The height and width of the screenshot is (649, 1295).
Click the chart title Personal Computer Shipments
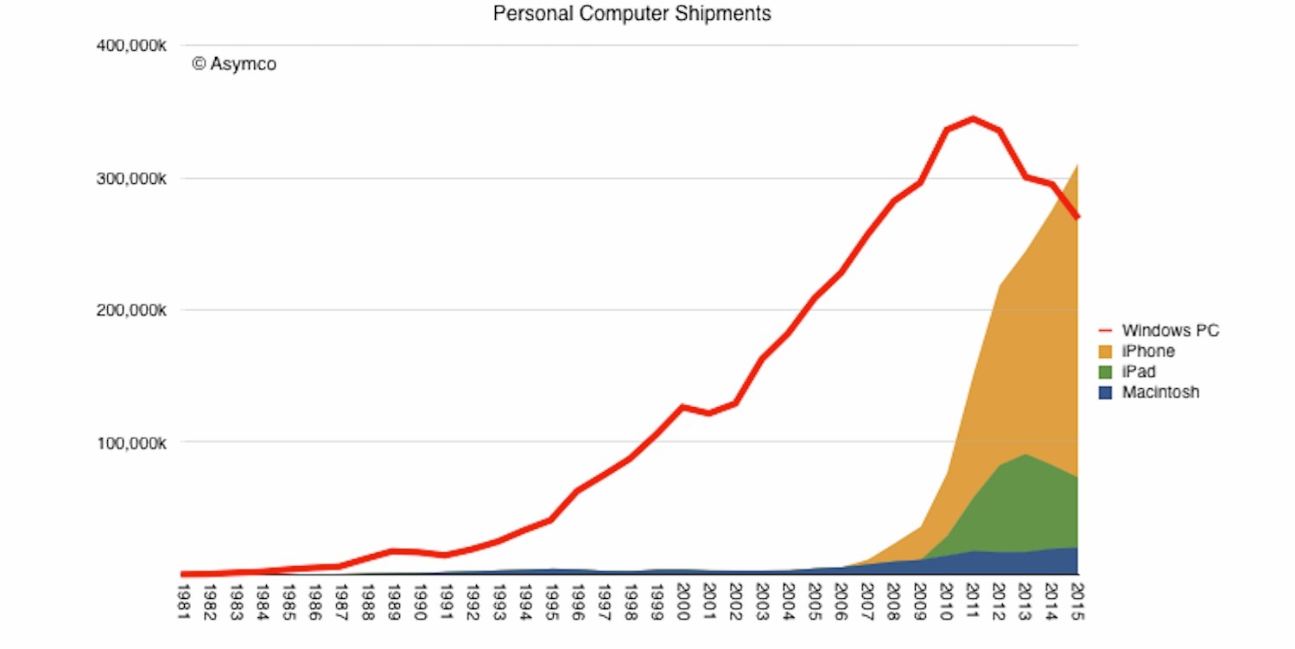[x=632, y=14]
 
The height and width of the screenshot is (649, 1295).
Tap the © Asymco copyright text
[x=234, y=64]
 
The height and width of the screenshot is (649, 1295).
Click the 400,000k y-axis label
[x=131, y=45]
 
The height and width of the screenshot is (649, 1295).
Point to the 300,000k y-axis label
[x=131, y=178]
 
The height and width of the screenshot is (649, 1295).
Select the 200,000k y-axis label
[x=131, y=310]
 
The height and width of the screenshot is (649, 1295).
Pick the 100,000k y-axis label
[x=131, y=442]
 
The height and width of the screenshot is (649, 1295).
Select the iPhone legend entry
[x=1147, y=351]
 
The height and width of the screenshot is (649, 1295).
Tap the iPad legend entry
[x=1139, y=372]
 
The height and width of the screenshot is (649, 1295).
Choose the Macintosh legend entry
[x=1160, y=392]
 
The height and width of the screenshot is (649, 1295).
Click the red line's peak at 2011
[x=973, y=118]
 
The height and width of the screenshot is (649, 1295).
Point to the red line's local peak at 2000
[x=682, y=406]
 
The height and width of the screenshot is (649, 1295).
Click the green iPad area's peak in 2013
[x=1025, y=455]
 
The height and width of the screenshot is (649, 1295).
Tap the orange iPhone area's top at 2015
[x=1077, y=164]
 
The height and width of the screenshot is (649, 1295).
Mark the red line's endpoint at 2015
[x=1077, y=217]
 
